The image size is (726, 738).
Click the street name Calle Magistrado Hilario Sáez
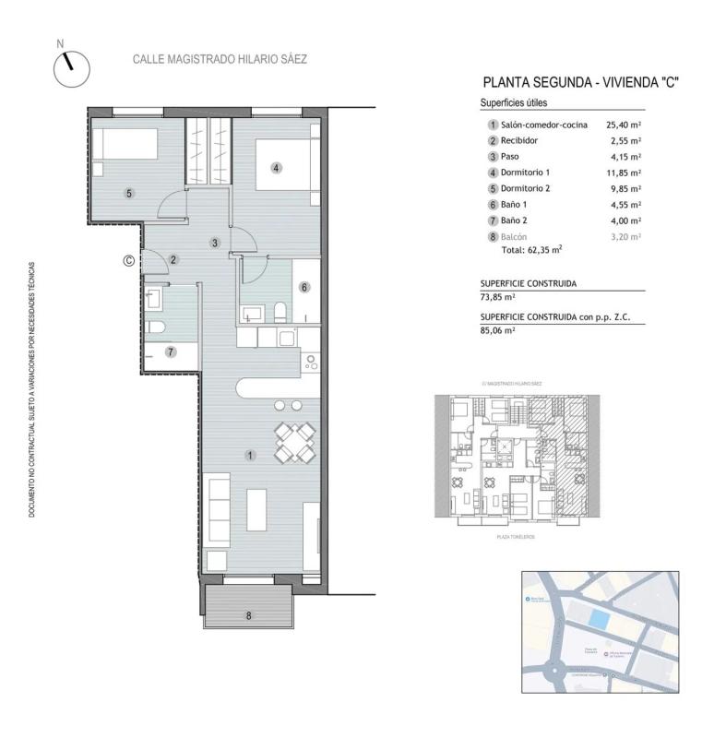[x=220, y=59]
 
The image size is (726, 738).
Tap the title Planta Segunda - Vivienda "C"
[x=580, y=82]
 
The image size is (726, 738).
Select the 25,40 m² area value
[x=624, y=125]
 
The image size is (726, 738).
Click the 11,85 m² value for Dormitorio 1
[x=624, y=173]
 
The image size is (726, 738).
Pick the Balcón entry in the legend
[x=515, y=237]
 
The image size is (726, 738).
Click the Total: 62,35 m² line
[x=531, y=249]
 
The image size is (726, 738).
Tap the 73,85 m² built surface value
[x=498, y=298]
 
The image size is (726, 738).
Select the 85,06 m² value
[x=498, y=329]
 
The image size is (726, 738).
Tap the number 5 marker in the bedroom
[x=129, y=193]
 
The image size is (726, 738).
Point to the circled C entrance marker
[x=129, y=261]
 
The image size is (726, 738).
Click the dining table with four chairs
[x=294, y=442]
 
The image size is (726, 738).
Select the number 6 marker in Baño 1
[x=303, y=287]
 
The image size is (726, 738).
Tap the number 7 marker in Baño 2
[x=170, y=351]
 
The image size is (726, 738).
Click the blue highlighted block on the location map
[x=599, y=620]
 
